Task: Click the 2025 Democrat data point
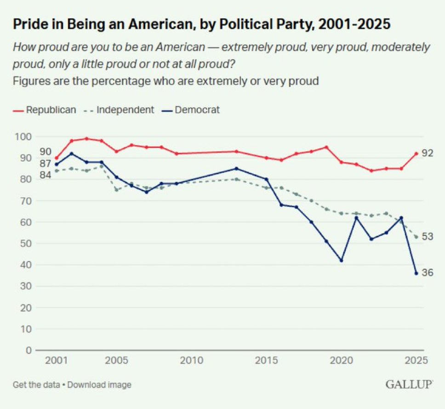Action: tap(416, 273)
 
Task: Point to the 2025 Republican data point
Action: tap(416, 153)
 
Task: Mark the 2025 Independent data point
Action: tap(416, 237)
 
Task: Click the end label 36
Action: tap(427, 273)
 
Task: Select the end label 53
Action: tap(427, 237)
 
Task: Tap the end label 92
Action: tap(428, 153)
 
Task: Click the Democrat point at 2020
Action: tap(341, 261)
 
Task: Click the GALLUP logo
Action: tap(409, 385)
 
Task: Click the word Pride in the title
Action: tap(29, 24)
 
